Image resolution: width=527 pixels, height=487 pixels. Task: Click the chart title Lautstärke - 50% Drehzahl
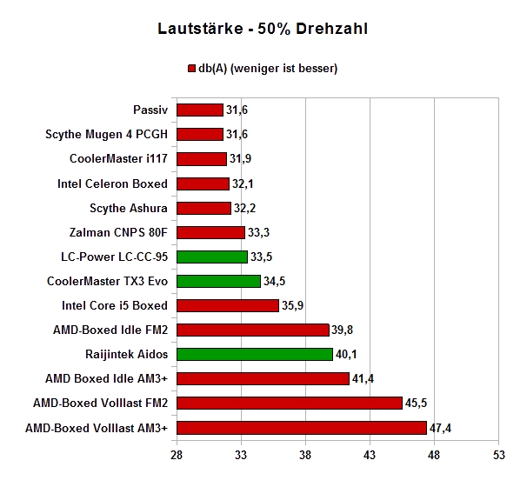click(x=263, y=29)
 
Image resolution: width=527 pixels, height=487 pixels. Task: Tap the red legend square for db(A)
click(x=191, y=69)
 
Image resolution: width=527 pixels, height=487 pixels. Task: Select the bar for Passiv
click(x=200, y=110)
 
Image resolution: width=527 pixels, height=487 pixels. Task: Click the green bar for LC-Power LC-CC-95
click(x=212, y=257)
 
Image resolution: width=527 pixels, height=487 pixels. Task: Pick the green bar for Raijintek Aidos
click(x=255, y=354)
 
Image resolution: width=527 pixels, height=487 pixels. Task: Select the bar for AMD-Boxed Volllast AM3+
click(x=302, y=428)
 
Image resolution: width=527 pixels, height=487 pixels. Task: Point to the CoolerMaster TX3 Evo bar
click(x=219, y=281)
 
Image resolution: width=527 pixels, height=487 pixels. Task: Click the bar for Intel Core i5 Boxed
click(x=228, y=305)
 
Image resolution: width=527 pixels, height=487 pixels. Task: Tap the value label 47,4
click(x=440, y=428)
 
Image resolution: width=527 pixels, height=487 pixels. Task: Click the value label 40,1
click(x=346, y=354)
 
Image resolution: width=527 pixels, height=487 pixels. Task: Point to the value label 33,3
click(x=258, y=232)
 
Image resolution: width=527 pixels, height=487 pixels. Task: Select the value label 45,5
click(x=416, y=403)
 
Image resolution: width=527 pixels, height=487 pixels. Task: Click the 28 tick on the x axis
click(x=177, y=455)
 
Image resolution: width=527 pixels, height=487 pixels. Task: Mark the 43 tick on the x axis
click(x=370, y=455)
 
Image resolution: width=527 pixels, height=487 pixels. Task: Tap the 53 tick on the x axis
click(x=499, y=455)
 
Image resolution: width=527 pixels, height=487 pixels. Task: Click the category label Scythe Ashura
click(x=129, y=209)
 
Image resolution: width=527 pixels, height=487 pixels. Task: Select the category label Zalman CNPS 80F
click(x=118, y=232)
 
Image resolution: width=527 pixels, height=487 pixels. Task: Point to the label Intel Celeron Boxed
click(x=112, y=183)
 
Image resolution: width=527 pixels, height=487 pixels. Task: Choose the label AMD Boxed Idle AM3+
click(x=106, y=379)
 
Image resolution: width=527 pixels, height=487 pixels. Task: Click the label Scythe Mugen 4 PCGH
click(x=106, y=135)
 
